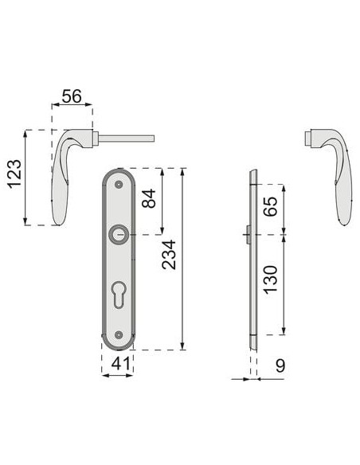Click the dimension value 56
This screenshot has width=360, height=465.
coord(72,96)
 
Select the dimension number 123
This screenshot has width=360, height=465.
coord(14,174)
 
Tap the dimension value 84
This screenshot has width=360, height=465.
coord(149,198)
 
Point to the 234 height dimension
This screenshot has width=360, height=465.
coord(169,255)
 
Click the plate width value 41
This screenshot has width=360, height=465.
coord(121,364)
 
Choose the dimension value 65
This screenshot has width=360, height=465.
coord(271,206)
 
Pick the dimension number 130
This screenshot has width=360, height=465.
coord(271,280)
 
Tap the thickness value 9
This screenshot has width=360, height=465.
coord(280,365)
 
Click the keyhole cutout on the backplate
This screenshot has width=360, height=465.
coord(119,295)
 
